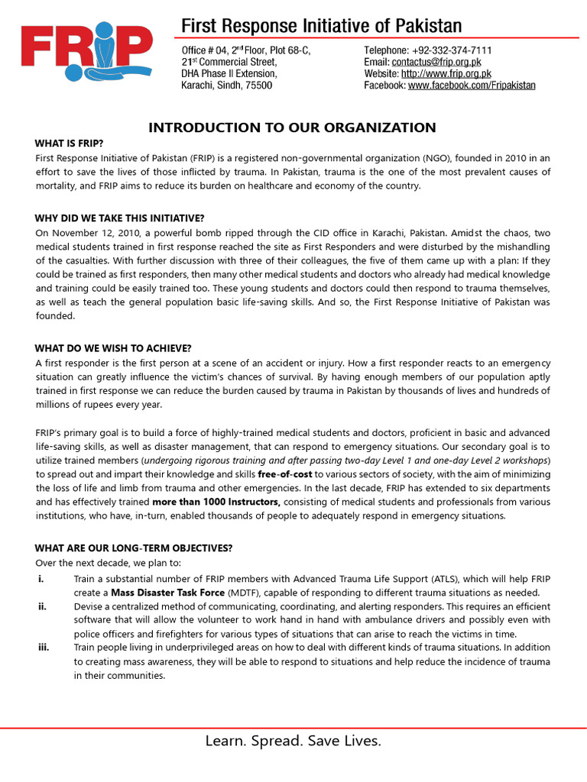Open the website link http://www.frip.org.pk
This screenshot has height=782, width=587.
[x=446, y=74]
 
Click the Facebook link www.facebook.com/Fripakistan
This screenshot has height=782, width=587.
[x=472, y=86]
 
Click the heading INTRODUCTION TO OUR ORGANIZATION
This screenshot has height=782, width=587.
[x=292, y=128]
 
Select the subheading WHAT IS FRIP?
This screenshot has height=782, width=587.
[x=69, y=144]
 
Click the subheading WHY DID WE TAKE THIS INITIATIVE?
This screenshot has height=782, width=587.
[x=119, y=218]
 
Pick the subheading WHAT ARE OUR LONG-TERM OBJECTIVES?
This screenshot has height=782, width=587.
[x=134, y=548]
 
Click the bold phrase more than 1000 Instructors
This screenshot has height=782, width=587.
[x=216, y=502]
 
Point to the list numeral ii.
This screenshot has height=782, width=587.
[x=42, y=607]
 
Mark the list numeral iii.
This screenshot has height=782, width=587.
[x=43, y=648]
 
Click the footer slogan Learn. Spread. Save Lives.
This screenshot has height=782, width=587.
[x=293, y=741]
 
